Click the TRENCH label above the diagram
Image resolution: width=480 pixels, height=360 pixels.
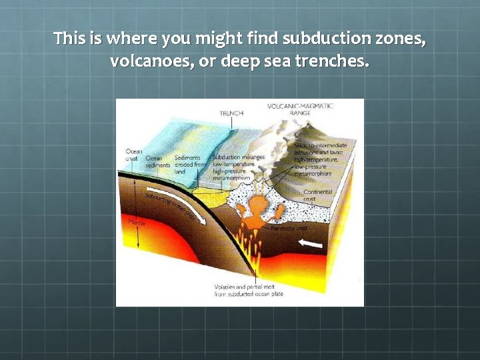point(231,113)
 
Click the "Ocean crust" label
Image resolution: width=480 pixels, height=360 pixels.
point(133,155)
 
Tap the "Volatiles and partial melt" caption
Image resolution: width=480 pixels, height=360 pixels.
point(243,291)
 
